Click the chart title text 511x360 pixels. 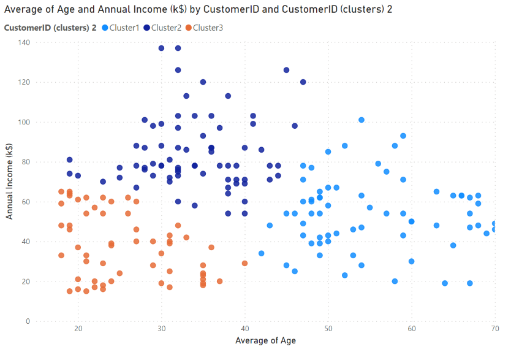(198, 10)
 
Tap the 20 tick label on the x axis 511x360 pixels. (78, 330)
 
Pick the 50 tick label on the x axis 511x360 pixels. (328, 330)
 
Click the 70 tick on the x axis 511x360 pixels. (494, 330)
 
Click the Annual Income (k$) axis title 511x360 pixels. (10, 182)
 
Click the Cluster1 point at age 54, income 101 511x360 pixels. (361, 120)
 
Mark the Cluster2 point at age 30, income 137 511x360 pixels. (162, 48)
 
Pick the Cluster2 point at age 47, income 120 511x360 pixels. (303, 82)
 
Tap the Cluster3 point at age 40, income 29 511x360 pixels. (245, 263)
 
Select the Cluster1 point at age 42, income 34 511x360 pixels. (262, 253)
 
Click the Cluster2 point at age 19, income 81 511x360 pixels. (70, 160)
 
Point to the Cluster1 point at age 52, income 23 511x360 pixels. (345, 275)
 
